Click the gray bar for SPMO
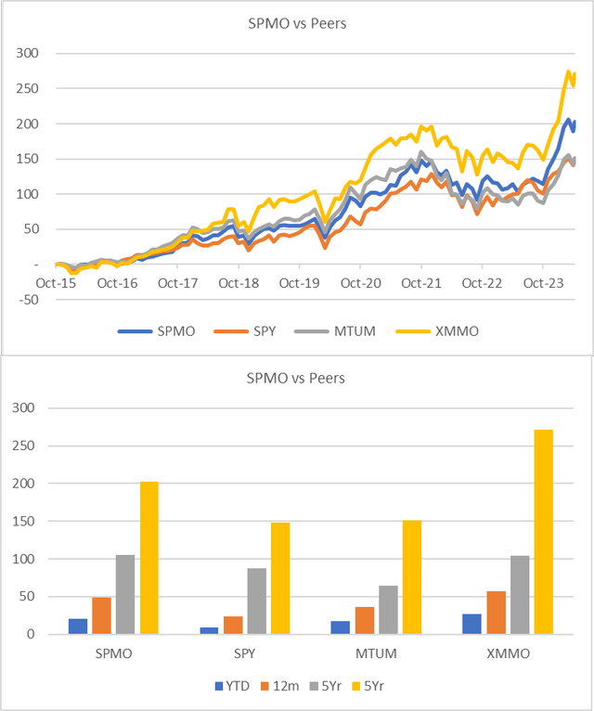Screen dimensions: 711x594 click(125, 595)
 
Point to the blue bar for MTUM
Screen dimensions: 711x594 click(340, 627)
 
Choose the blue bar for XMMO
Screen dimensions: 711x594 click(472, 624)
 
